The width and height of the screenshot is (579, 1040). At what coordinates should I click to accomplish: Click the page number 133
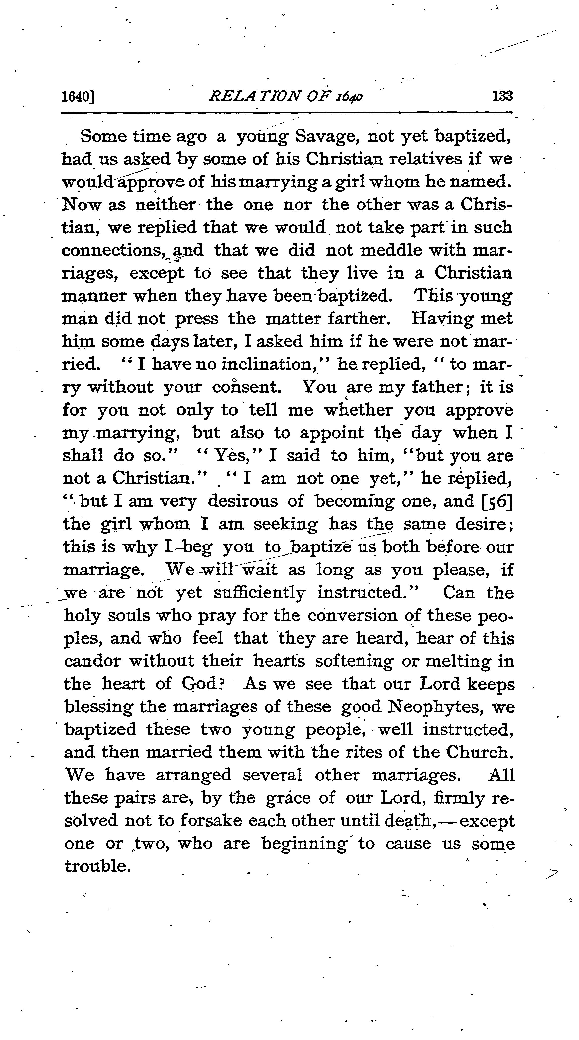click(x=502, y=96)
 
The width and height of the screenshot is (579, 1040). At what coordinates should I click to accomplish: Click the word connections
click(x=113, y=251)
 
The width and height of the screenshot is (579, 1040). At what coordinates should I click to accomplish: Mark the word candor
click(x=92, y=662)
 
